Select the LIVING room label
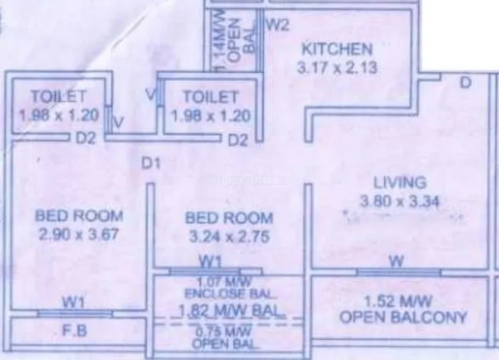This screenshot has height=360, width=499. [x=399, y=183]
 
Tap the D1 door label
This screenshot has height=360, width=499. [x=150, y=162]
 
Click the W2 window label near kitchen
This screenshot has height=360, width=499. [x=276, y=24]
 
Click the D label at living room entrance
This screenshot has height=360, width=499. [x=465, y=83]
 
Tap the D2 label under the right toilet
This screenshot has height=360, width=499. [x=238, y=140]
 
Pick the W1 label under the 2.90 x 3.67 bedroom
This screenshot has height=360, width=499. [x=73, y=303]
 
